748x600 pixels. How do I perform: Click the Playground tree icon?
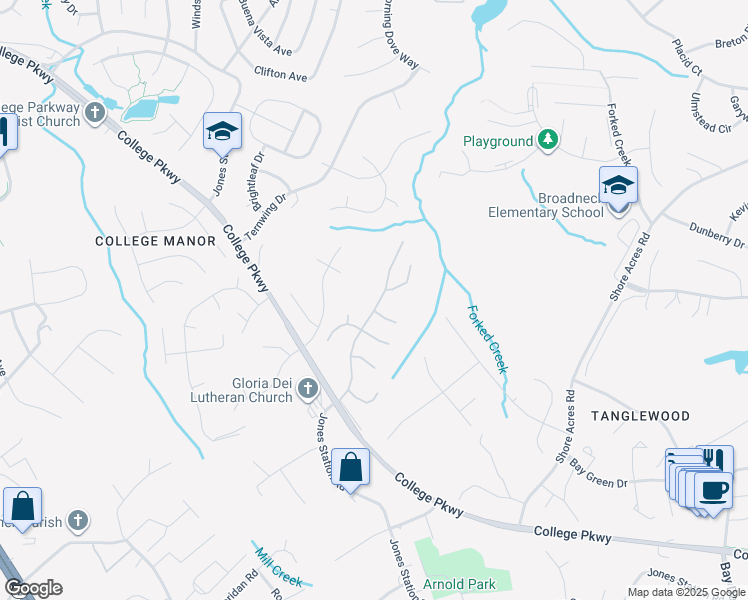(x=547, y=141)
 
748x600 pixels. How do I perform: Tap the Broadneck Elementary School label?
(x=546, y=205)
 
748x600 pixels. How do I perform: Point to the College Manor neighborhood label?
(x=156, y=241)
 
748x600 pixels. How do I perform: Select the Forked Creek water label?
(x=489, y=339)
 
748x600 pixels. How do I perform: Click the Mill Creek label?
(x=279, y=566)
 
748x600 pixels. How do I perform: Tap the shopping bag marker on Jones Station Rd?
(x=351, y=467)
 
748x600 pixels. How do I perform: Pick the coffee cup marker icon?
(x=714, y=491)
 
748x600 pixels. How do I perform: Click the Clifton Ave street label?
(x=281, y=74)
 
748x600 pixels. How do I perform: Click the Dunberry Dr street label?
(x=717, y=236)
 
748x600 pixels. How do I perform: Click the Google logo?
(x=33, y=588)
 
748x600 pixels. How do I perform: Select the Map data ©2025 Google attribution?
(x=686, y=592)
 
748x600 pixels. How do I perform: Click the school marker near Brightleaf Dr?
(x=222, y=132)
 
